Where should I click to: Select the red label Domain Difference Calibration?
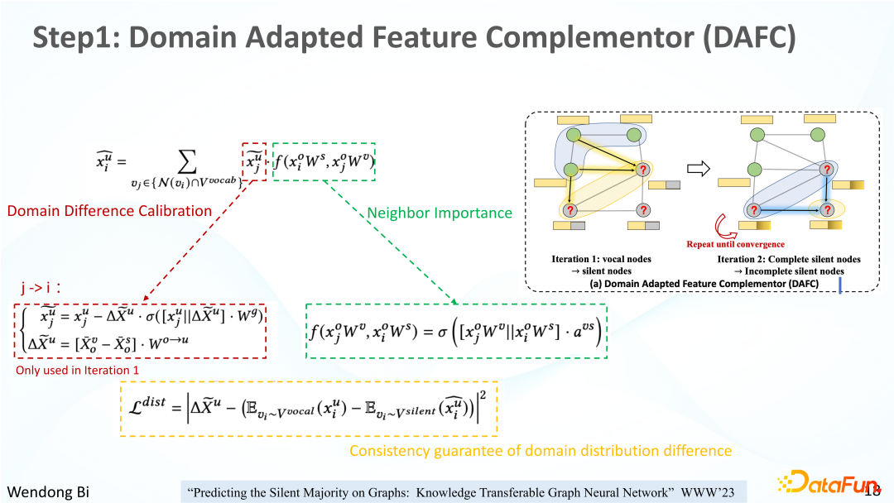click(109, 211)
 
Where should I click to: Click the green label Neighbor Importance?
click(440, 213)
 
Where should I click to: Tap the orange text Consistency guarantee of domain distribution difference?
click(541, 451)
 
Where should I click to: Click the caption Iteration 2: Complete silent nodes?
click(789, 259)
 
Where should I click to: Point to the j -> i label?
click(43, 288)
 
